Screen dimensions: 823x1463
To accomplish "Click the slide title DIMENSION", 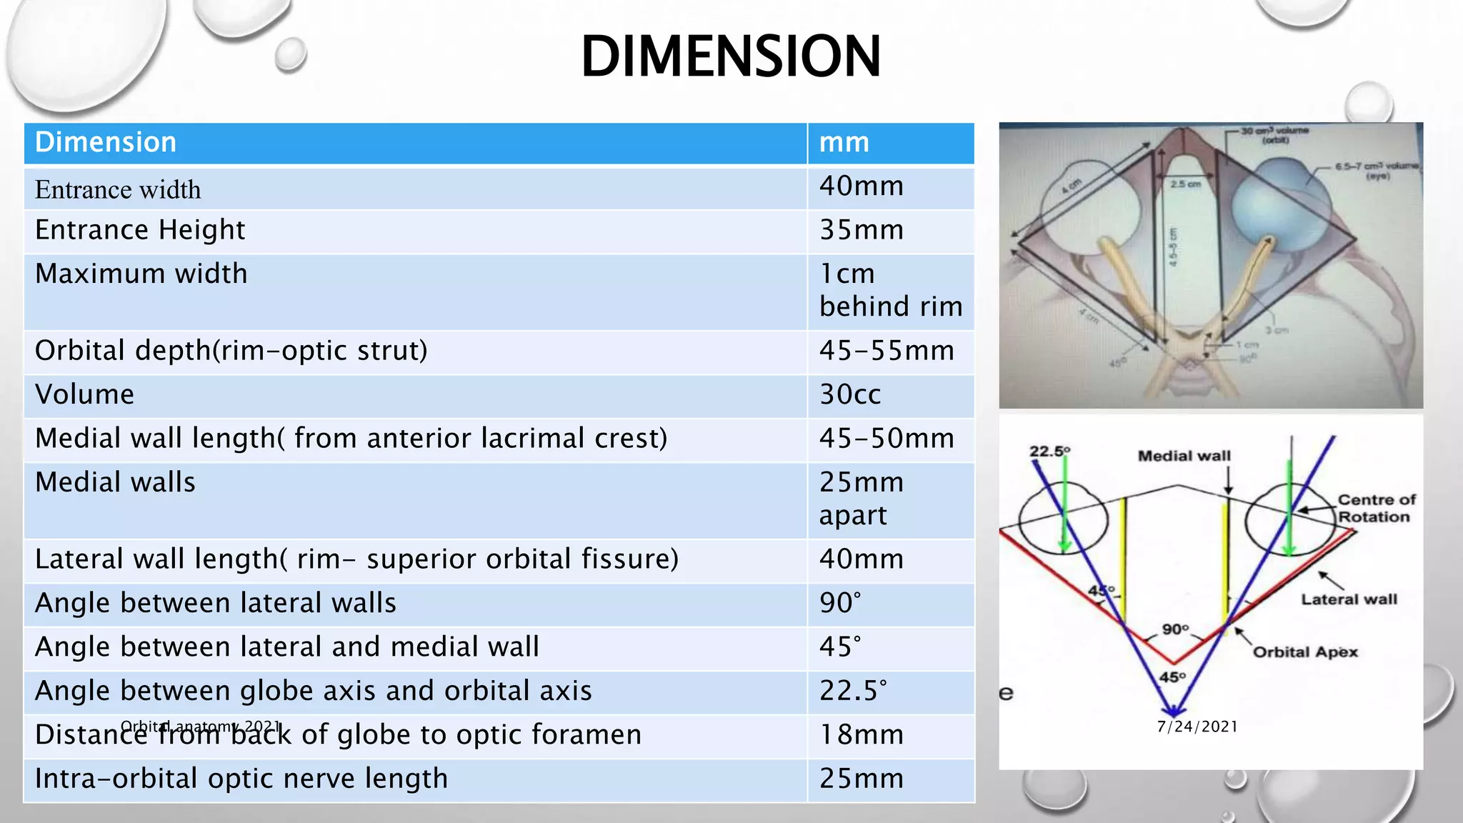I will (x=731, y=56).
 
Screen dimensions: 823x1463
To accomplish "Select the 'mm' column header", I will (x=844, y=142).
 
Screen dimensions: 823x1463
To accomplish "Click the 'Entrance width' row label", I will (x=118, y=189).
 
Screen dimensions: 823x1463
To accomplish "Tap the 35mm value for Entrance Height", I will (x=862, y=230).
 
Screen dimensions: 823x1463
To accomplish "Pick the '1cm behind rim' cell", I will (x=890, y=290).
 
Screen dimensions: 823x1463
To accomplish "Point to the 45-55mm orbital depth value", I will (x=887, y=351).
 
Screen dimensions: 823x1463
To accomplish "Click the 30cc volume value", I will (x=850, y=394).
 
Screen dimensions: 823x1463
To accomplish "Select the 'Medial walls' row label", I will (x=115, y=482).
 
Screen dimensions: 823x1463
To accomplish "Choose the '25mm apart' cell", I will (x=862, y=499).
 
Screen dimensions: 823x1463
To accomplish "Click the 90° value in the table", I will (x=840, y=603).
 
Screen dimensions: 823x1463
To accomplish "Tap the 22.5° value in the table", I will (x=853, y=691).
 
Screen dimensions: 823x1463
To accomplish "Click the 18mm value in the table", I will (x=862, y=734).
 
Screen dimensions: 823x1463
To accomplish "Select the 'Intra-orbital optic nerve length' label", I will (x=241, y=779).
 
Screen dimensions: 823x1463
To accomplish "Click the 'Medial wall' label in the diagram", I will (x=1184, y=456).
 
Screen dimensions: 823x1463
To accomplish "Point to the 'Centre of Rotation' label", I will (x=1375, y=508).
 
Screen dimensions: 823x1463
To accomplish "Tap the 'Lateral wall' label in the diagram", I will (x=1348, y=599).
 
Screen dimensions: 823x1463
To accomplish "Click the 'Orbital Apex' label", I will (x=1305, y=652).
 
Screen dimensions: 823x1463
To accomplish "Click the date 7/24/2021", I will (x=1197, y=727).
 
